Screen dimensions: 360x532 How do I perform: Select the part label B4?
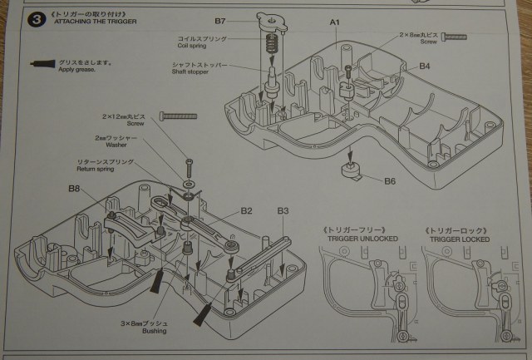pos(425,65)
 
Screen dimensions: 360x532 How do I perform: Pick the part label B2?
pos(247,211)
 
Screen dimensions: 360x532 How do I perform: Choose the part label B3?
pos(283,211)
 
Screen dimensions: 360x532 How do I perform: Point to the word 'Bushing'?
pos(154,331)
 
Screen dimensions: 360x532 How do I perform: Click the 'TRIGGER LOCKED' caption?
pos(456,238)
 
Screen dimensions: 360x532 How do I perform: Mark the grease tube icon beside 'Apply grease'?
pos(40,63)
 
